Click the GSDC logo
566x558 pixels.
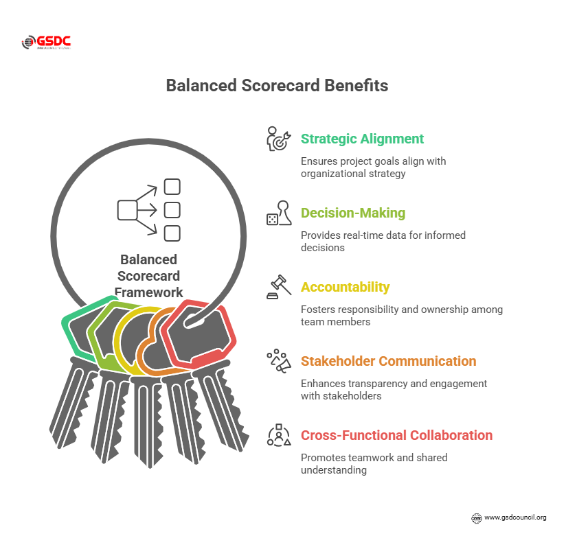tap(46, 43)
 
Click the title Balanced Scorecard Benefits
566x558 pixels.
tap(277, 86)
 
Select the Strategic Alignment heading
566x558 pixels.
tap(362, 139)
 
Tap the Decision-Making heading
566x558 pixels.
tap(353, 213)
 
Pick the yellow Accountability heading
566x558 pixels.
tap(345, 287)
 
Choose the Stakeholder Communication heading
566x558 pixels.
tap(388, 361)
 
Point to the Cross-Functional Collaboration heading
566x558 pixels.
tap(396, 435)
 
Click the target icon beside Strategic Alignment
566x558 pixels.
tap(279, 138)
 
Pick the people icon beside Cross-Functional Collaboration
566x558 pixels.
tap(279, 435)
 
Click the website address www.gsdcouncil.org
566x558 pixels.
tap(515, 517)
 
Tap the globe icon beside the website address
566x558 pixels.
tap(477, 518)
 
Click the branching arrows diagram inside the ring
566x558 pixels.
tap(149, 209)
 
